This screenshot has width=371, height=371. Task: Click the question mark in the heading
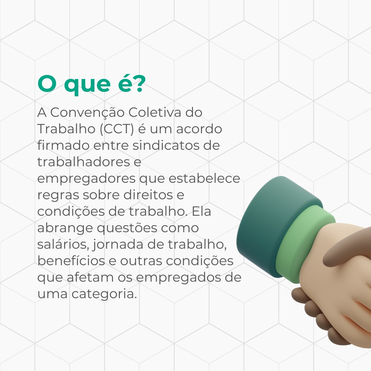pos(137,83)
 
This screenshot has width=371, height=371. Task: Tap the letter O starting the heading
pos(47,84)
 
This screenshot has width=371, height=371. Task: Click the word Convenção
pos(87,112)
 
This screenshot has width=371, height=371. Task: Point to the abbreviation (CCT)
pos(117,129)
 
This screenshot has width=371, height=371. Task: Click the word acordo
pos(199,129)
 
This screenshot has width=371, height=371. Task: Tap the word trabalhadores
pos(83,162)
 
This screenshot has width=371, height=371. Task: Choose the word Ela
pos(201,211)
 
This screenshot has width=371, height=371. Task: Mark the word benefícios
pos(71,261)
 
